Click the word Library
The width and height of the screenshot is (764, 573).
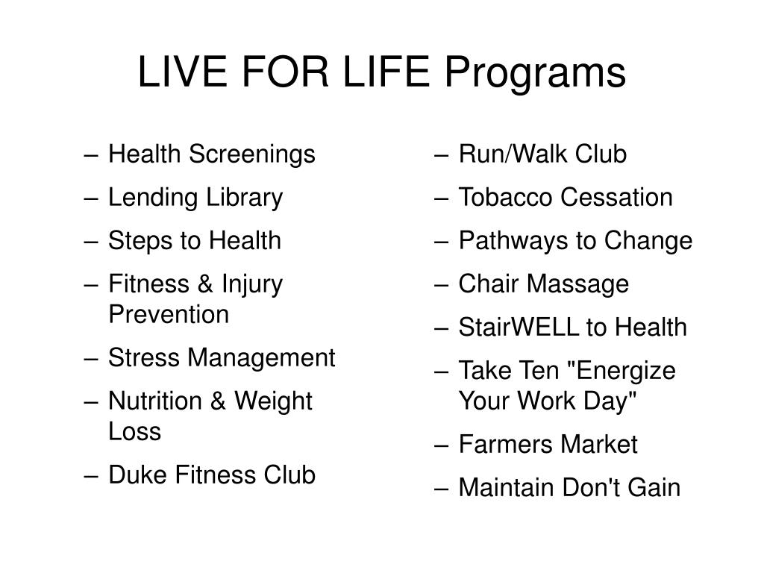[242, 198]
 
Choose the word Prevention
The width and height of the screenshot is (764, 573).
[169, 315]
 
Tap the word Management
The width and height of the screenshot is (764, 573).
[263, 358]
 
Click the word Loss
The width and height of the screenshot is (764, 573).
[134, 431]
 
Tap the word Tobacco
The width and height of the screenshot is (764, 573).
[507, 198]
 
